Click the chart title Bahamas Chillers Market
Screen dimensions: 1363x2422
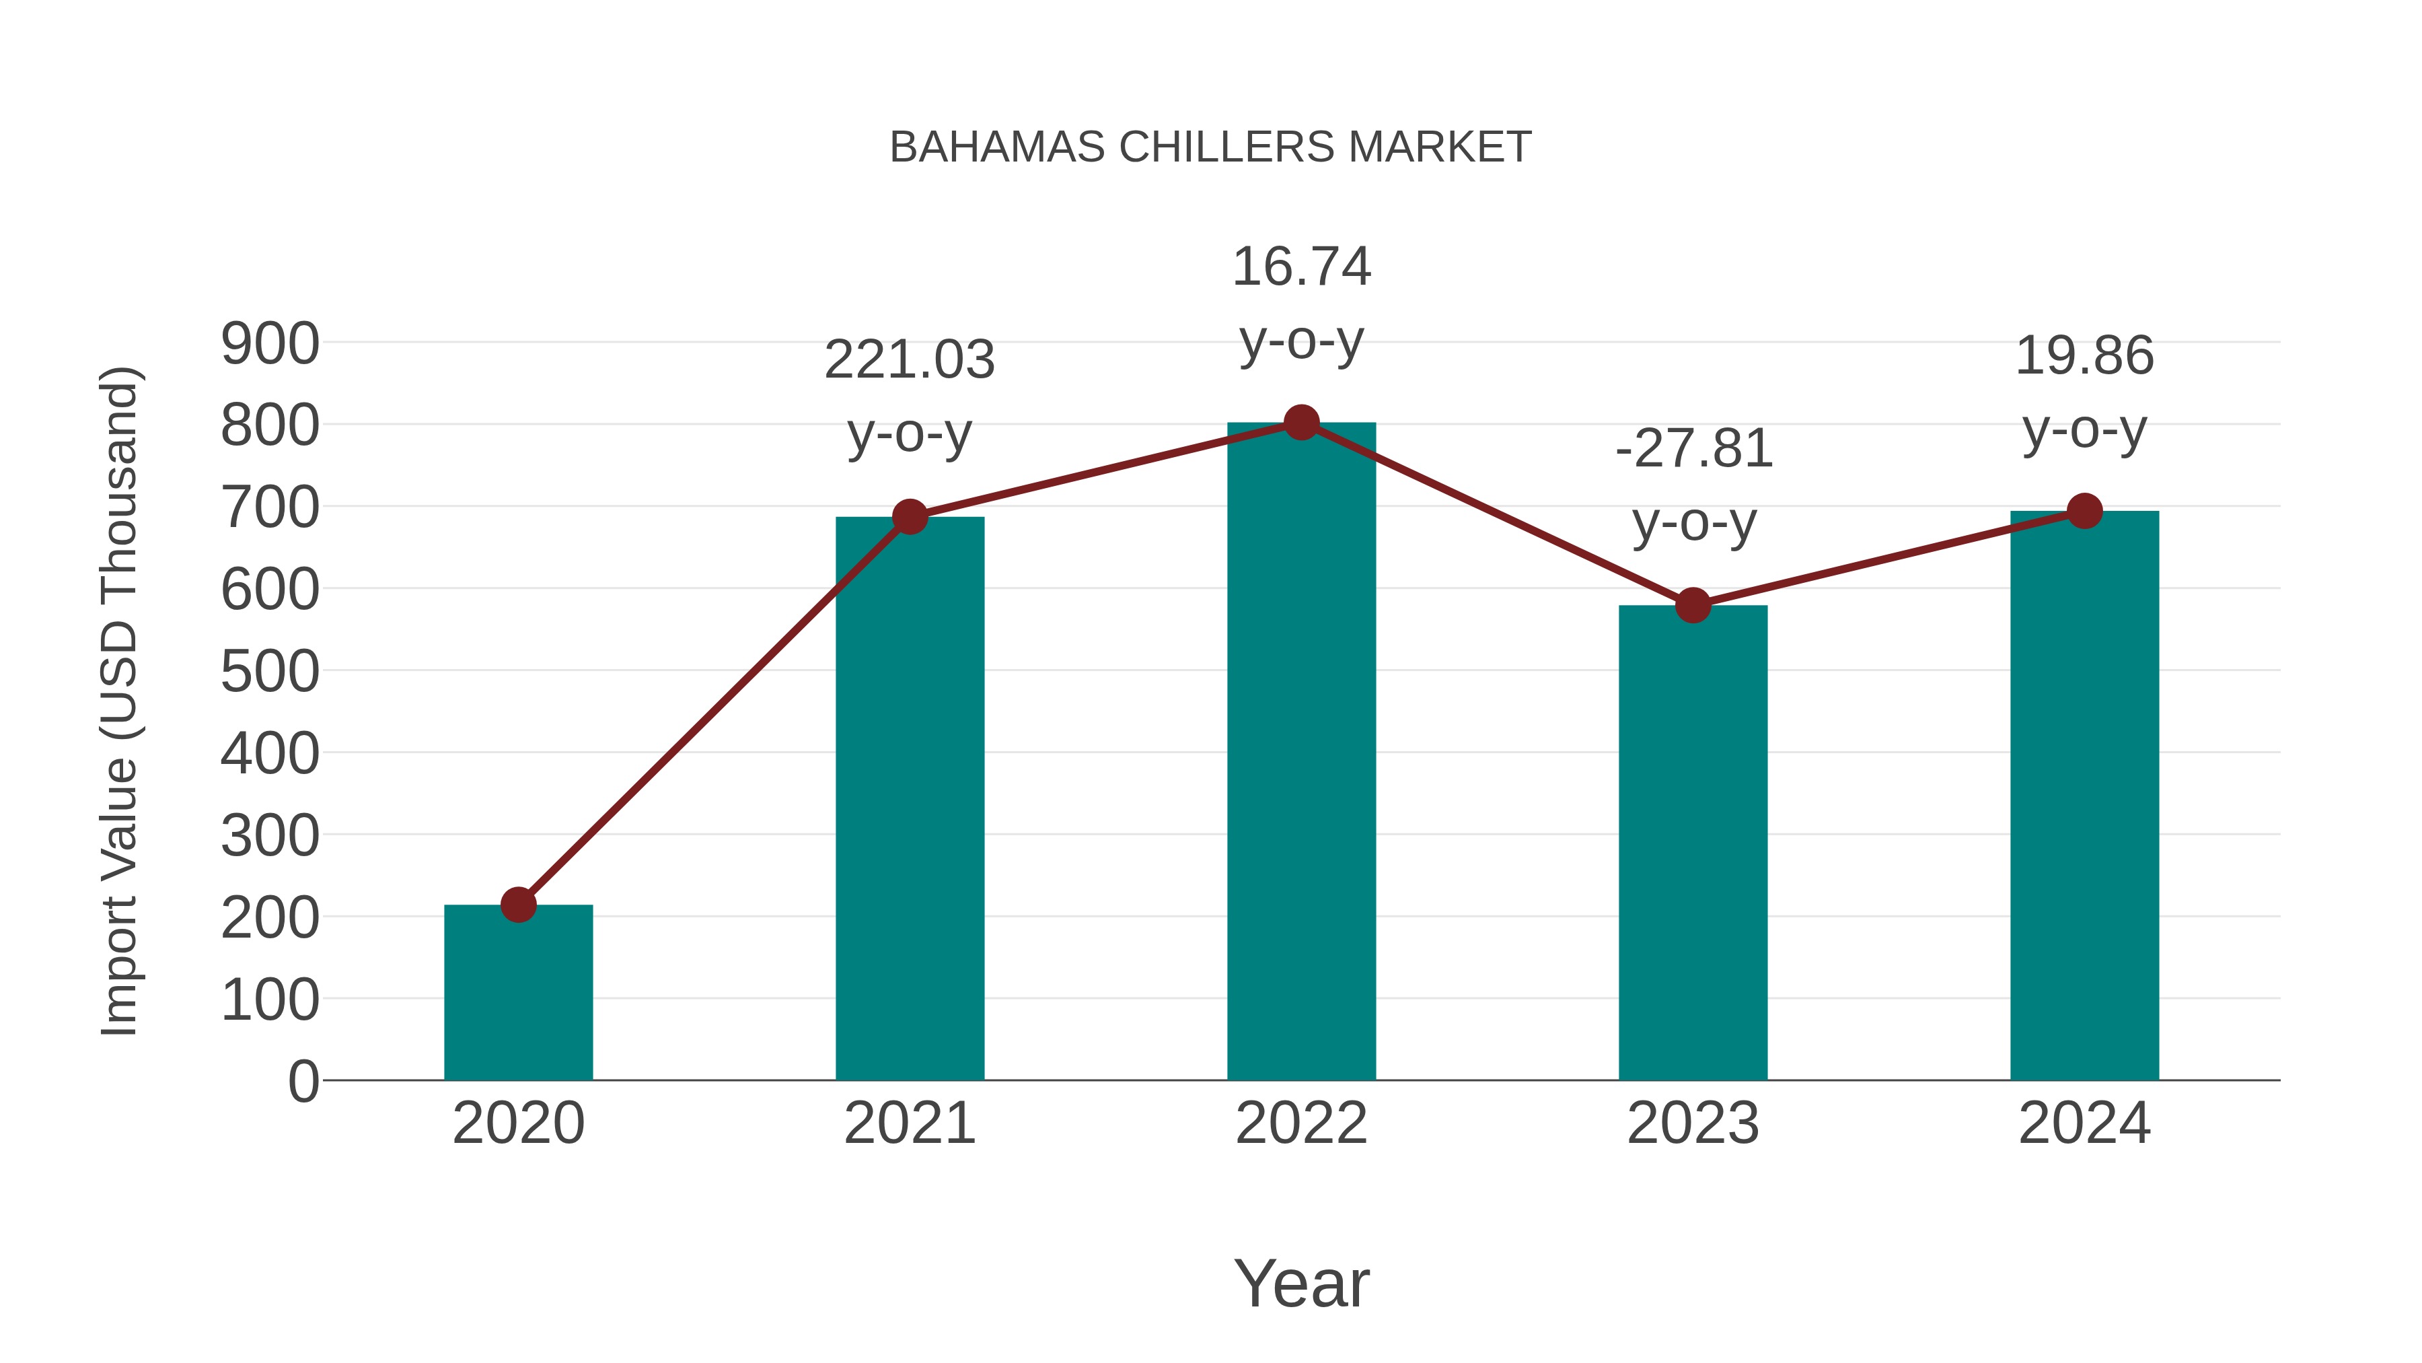[x=1210, y=147]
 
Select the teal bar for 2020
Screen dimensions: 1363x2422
[x=518, y=997]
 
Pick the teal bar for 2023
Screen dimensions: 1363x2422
[x=1693, y=847]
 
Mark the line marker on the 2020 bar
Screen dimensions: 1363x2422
[x=518, y=905]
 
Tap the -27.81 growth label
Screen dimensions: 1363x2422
[x=1693, y=449]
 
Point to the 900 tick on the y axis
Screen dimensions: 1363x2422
[x=270, y=344]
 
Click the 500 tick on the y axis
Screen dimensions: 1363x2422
[x=270, y=672]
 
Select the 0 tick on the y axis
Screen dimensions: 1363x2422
[x=303, y=1082]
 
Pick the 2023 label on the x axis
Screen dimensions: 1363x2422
[x=1693, y=1124]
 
